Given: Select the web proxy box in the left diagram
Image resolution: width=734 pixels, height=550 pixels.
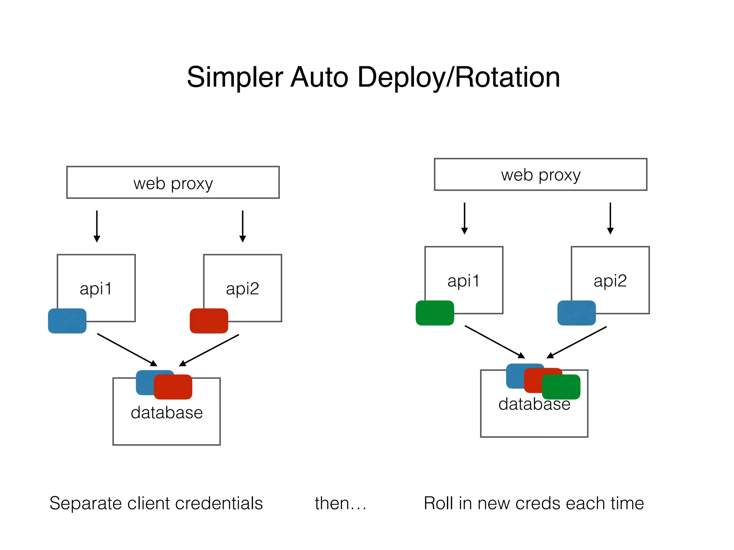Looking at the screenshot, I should point(173,182).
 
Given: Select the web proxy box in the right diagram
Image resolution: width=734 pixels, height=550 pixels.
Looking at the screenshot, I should point(540,174).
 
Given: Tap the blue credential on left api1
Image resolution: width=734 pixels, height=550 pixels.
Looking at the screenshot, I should point(67,321).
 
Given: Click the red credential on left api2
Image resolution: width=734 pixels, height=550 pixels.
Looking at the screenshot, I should point(209,321).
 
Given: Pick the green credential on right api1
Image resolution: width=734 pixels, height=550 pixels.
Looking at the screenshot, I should point(435,313).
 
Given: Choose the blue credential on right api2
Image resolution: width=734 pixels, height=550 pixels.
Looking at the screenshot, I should point(576,313).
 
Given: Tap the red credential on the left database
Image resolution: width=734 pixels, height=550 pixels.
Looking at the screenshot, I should point(173,387).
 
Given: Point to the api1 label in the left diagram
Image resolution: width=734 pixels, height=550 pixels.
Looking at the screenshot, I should point(96,289).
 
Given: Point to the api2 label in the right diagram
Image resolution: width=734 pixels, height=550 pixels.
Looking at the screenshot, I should point(610,281).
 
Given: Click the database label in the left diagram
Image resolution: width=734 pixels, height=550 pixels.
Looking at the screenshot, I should point(167,412).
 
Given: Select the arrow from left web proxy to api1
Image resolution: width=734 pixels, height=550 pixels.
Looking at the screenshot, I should point(97,226).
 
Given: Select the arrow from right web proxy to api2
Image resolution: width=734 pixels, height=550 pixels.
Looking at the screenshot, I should point(610,218).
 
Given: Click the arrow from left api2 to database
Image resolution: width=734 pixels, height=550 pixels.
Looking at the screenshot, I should point(209,350).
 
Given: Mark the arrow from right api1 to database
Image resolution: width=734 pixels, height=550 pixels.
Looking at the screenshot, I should point(495,342).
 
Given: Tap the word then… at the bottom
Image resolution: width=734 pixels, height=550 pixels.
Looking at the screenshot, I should point(340,503).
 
